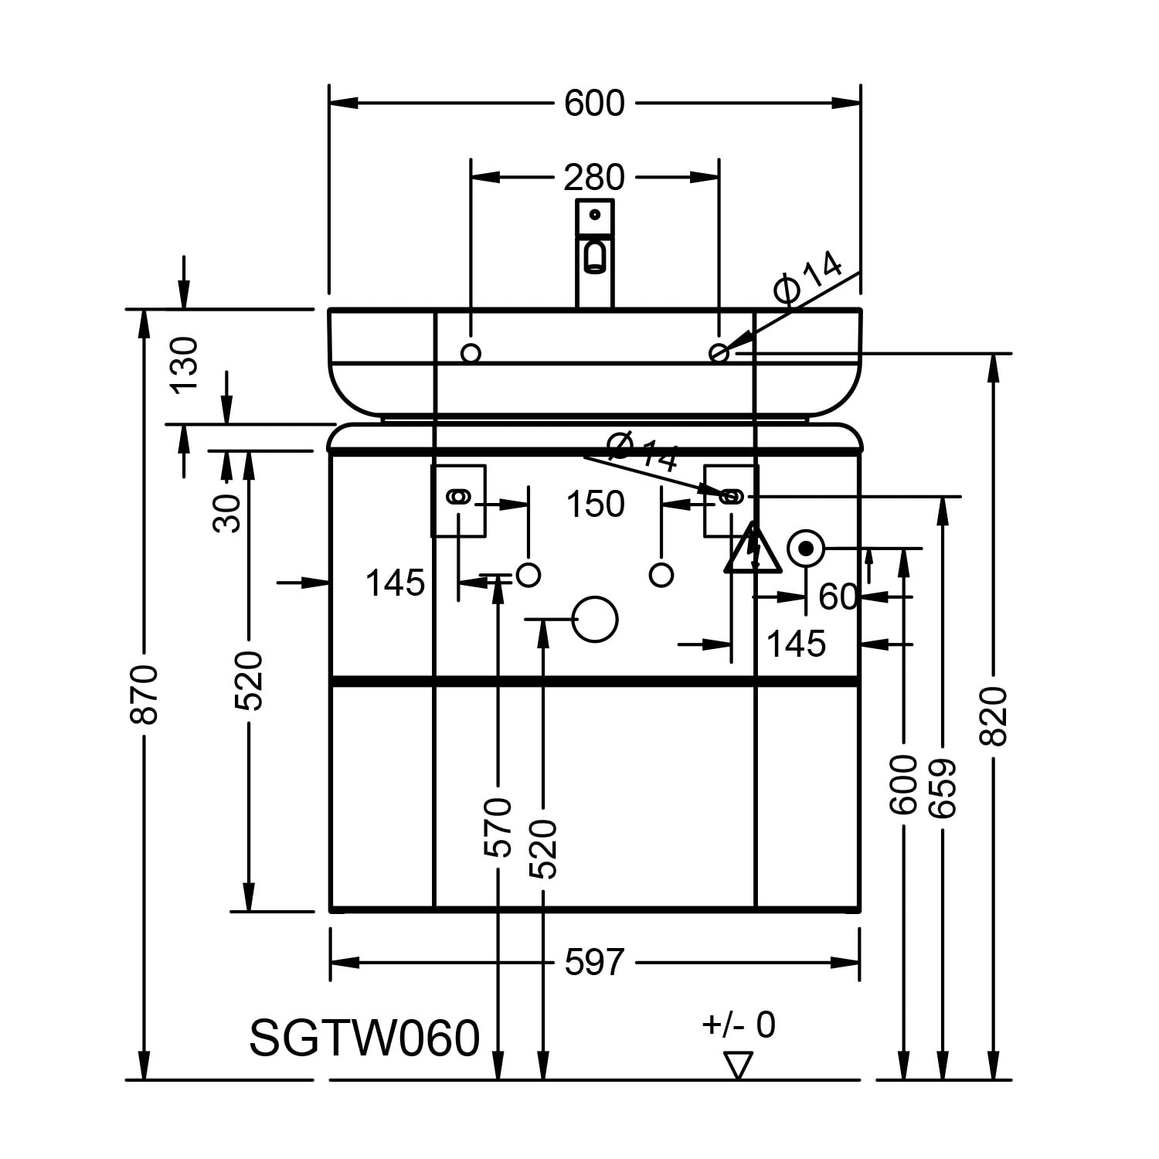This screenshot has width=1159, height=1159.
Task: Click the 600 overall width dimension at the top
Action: (593, 104)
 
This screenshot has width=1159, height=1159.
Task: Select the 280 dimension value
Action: (593, 178)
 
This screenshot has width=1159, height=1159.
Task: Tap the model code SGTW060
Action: (365, 1038)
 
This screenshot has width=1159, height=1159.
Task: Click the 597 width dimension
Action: (593, 963)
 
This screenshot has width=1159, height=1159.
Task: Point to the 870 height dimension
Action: (144, 693)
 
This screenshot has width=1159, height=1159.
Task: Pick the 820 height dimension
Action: (994, 715)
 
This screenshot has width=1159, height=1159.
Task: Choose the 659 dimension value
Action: (943, 788)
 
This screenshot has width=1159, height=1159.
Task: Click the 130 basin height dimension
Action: (185, 365)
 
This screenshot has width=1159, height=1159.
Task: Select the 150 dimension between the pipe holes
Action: (595, 505)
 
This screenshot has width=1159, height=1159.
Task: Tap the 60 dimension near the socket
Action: (838, 597)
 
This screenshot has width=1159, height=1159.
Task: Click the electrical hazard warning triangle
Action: (752, 549)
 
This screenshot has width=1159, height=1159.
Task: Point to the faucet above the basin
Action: (594, 253)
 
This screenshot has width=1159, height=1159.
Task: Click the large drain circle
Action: (594, 619)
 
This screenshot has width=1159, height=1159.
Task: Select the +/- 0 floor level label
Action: (738, 1025)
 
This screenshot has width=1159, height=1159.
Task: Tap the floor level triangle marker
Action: (739, 1065)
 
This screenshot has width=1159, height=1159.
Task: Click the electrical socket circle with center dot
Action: (806, 549)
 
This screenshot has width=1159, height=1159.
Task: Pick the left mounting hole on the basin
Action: (471, 353)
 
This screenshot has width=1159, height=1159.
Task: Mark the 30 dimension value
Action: (227, 513)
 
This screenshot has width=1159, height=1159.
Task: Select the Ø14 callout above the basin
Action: (807, 277)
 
